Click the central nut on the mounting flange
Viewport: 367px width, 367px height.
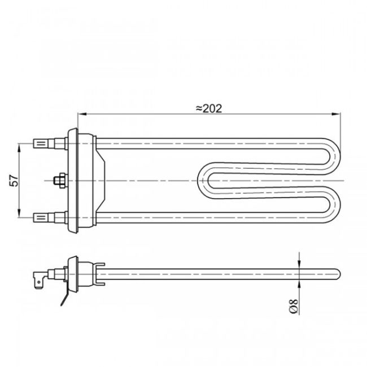(x=58, y=180)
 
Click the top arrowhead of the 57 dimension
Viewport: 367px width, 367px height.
(x=20, y=146)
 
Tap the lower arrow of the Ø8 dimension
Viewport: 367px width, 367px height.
(x=298, y=281)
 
